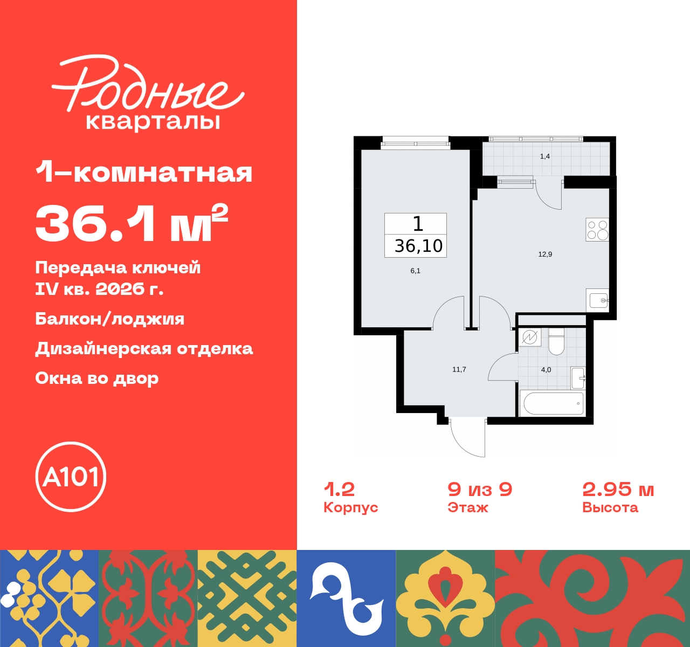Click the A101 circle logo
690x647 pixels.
pos(71,477)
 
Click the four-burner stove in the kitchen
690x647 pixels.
pos(597,230)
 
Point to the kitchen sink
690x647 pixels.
pos(598,300)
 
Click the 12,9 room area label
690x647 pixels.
pos(545,254)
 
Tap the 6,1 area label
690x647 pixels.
pos(416,271)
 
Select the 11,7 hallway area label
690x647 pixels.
pos(459,369)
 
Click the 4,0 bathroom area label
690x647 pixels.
pos(546,370)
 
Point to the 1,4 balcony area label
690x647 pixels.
pos(545,156)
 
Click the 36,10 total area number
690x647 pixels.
pos(418,246)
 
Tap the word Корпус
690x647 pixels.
pos(350,507)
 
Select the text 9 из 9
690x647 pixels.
pos(480,490)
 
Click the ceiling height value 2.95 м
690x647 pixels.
pos(618,490)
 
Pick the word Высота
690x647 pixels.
pos(610,507)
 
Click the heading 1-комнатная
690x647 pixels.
pos(144,173)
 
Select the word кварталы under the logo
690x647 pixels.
pos(153,122)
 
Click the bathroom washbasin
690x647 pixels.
pos(578,378)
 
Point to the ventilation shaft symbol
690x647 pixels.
pos(530,337)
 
